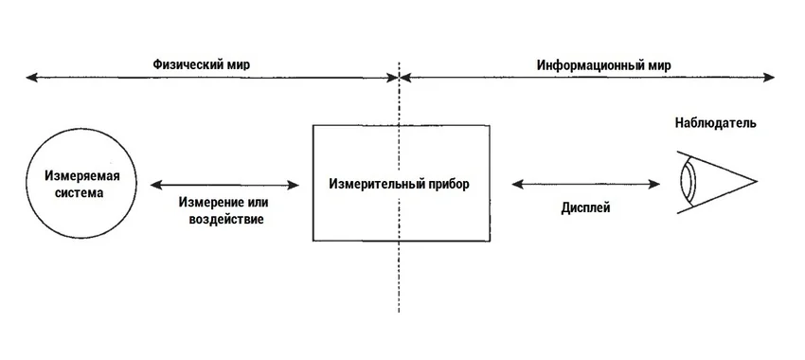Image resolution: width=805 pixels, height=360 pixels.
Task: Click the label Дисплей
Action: [x=585, y=206]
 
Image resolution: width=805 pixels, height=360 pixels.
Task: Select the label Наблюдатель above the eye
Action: [x=715, y=123]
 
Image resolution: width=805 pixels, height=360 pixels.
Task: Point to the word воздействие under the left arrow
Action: [x=222, y=219]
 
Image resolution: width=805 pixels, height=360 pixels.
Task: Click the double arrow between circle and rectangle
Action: [x=224, y=184]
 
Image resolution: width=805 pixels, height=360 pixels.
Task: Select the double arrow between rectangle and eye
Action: [x=584, y=184]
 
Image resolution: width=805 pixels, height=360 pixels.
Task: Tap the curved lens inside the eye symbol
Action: [x=689, y=181]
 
